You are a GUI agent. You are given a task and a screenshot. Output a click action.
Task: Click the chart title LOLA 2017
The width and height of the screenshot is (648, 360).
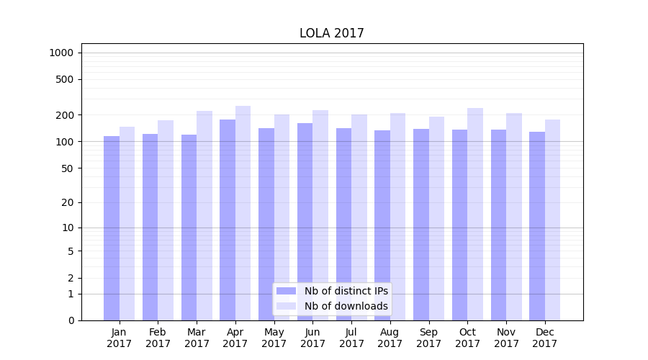332,34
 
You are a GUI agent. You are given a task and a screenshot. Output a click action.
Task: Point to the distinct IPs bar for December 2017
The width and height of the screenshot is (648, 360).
537,226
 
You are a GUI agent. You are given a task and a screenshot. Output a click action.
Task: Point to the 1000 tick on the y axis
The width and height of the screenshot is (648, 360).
61,53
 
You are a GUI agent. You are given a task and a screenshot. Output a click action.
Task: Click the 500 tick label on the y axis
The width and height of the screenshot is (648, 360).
66,79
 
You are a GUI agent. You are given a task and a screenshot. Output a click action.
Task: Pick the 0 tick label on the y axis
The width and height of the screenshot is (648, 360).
71,320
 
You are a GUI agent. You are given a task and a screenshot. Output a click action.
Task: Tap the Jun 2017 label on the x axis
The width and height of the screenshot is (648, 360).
312,338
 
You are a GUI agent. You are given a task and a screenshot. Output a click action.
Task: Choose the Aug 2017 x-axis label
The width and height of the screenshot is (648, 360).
390,338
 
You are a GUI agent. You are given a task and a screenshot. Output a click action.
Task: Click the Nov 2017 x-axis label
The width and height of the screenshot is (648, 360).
506,338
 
